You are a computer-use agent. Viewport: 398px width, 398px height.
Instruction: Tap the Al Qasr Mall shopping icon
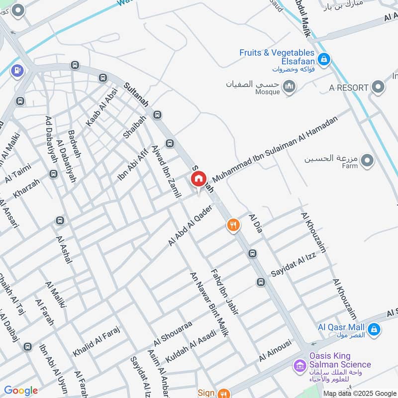pos(374,329)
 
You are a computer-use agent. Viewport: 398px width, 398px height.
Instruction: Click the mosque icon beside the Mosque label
pos(290,87)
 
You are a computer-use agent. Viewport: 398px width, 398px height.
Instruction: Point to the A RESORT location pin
pos(379,88)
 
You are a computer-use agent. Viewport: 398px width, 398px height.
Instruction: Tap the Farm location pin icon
pos(367,161)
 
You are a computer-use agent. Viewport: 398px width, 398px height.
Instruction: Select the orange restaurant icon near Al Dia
pos(233,225)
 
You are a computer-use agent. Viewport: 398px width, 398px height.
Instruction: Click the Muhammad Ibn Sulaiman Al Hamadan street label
pos(275,148)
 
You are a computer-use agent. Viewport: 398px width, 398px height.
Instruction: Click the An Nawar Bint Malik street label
pos(209,304)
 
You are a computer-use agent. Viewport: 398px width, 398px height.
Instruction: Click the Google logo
pos(21,391)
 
